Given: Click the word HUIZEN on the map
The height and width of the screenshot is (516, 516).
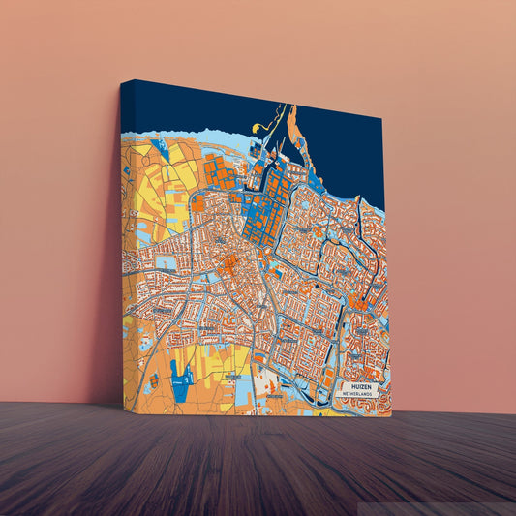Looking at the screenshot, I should coord(363,385).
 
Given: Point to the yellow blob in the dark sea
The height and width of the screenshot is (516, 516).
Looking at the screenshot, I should coord(257,127).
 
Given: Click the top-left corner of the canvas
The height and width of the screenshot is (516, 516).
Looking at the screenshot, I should coord(122,81).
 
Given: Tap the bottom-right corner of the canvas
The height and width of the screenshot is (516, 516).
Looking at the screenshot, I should coord(391,417).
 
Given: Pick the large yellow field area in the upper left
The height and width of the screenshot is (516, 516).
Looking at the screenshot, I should coord(155,194).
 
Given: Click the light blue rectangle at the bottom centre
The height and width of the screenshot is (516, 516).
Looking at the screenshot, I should coord(242,387).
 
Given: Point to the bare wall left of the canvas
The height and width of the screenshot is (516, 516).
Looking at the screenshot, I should coord(58,242).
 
